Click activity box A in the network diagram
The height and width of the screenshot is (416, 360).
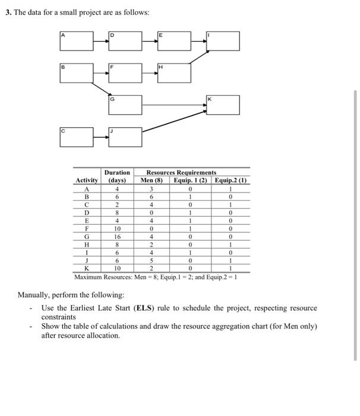coord(76,41)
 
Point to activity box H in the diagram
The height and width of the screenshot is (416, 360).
coord(174,73)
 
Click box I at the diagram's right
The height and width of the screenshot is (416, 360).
coord(223,41)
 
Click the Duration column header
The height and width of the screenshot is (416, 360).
coord(117,176)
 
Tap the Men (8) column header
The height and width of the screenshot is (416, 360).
coord(153,180)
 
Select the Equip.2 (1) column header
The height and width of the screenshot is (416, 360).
coord(231,180)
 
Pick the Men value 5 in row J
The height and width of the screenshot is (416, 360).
coord(153,260)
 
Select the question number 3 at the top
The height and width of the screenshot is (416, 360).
coord(8,12)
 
